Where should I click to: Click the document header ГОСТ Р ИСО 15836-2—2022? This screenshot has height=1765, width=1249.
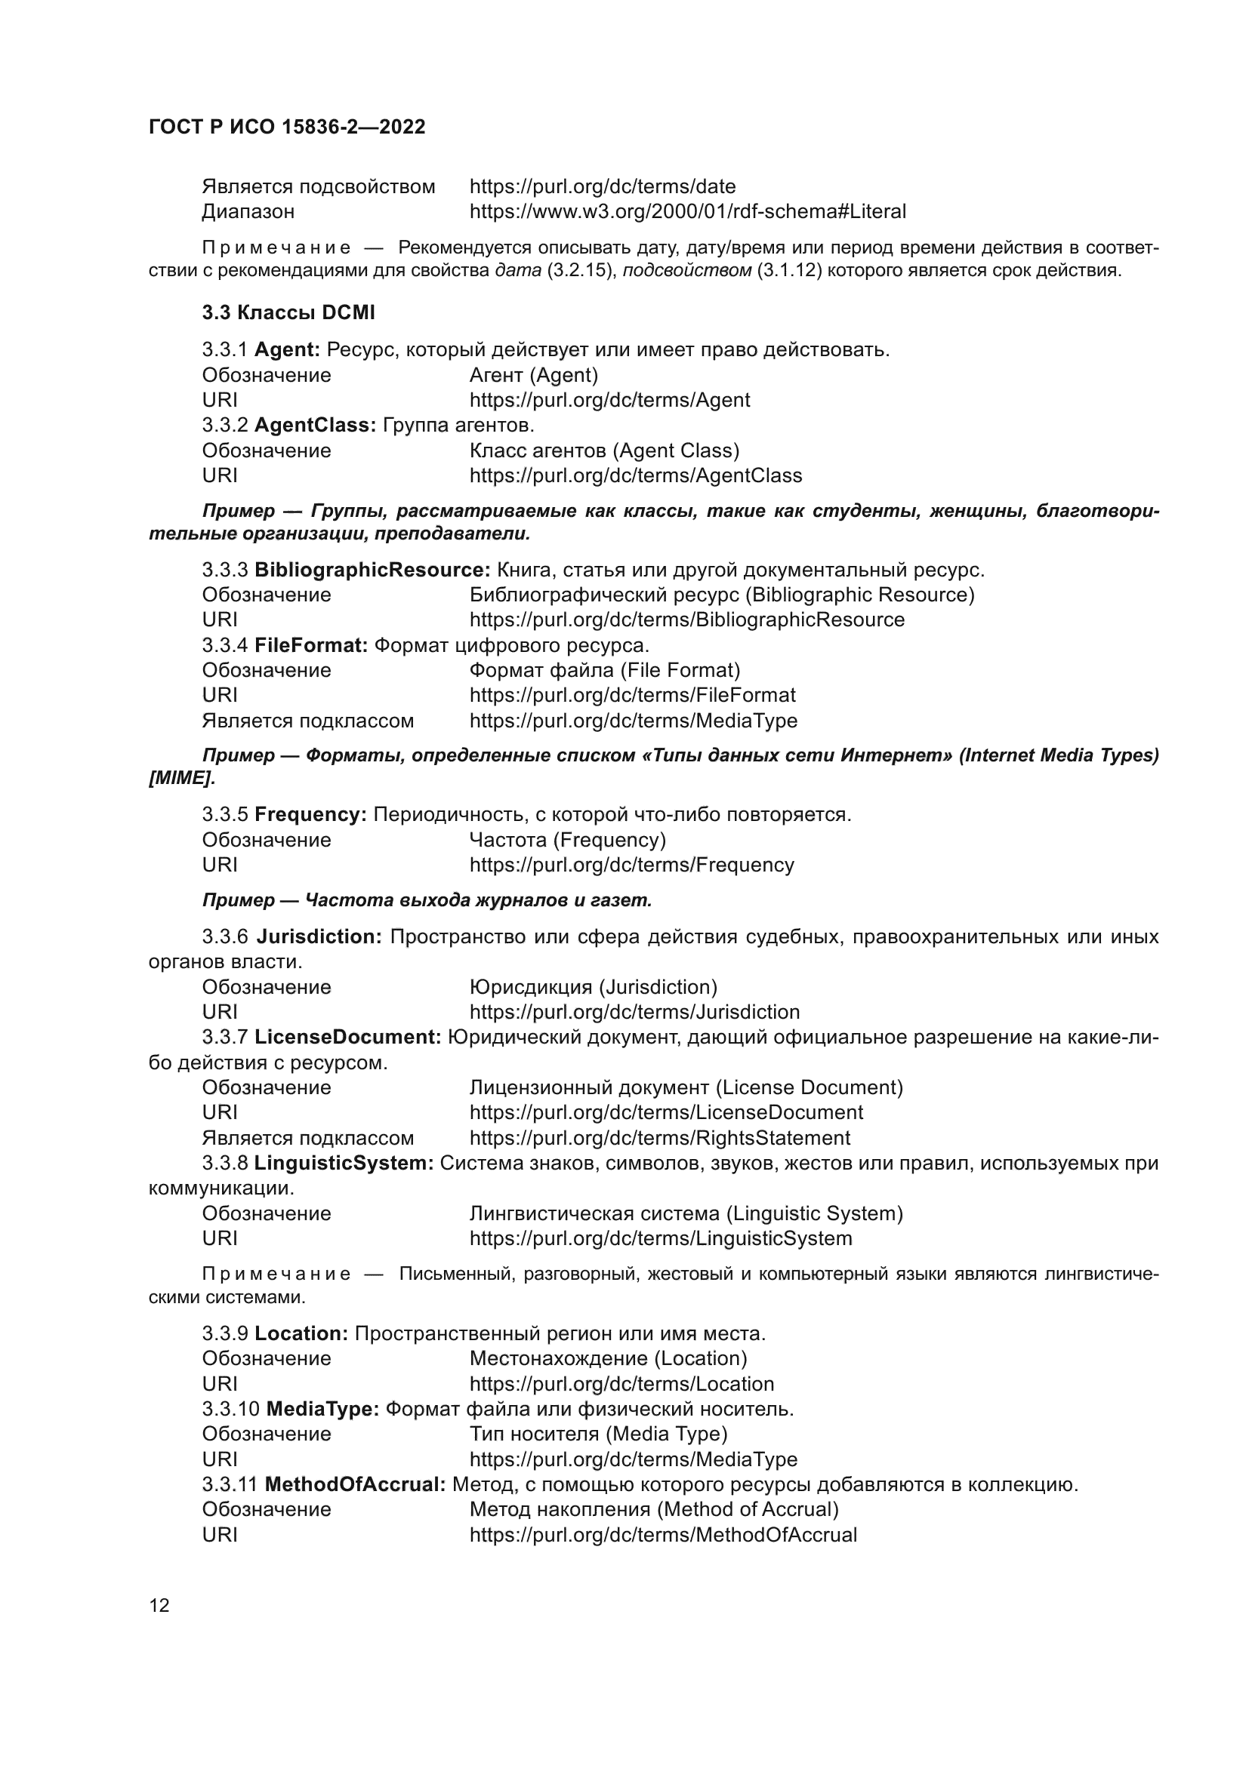coord(287,127)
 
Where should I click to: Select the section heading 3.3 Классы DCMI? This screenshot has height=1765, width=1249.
coord(288,313)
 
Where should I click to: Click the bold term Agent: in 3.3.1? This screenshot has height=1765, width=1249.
coord(287,350)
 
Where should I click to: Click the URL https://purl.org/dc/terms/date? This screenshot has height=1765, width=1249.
coord(602,187)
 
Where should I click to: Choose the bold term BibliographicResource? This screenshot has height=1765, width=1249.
coord(372,570)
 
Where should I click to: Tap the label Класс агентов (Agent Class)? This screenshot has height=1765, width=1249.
coord(605,450)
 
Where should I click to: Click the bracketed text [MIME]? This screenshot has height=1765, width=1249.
coord(181,778)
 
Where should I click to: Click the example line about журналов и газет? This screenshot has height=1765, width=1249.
coord(427,899)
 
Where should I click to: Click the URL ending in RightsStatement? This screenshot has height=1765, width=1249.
coord(660,1138)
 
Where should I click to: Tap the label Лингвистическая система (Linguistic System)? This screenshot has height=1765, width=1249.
coord(686,1213)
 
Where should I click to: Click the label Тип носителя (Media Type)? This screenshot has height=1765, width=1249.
coord(598,1434)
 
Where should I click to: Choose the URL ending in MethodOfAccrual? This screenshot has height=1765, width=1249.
coord(663,1534)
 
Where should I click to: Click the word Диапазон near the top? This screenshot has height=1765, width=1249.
coord(248,211)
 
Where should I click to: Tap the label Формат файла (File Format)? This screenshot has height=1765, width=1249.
coord(605,670)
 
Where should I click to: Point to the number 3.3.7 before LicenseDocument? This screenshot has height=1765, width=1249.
coord(224,1037)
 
